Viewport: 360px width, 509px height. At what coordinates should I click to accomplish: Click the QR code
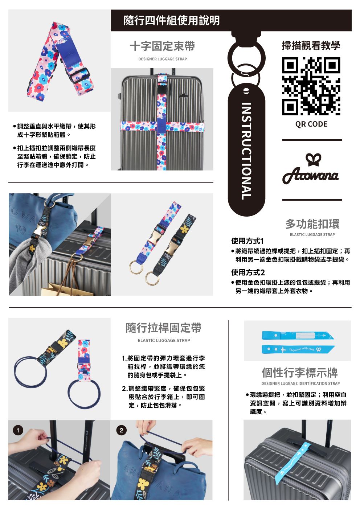pyautogui.click(x=311, y=86)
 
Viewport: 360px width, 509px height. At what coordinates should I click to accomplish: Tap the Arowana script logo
pyautogui.click(x=311, y=175)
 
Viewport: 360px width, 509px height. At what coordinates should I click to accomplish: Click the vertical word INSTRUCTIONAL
pyautogui.click(x=246, y=151)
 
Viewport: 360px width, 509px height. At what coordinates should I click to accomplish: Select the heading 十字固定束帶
pyautogui.click(x=163, y=46)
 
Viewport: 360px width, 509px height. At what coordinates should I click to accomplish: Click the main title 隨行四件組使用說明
pyautogui.click(x=172, y=20)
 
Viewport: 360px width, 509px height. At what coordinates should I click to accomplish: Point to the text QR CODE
pyautogui.click(x=311, y=124)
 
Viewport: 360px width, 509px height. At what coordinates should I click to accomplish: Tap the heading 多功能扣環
pyautogui.click(x=312, y=224)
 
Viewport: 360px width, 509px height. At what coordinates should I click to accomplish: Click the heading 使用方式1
pyautogui.click(x=247, y=241)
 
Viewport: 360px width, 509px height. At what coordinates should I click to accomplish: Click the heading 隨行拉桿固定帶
pyautogui.click(x=164, y=328)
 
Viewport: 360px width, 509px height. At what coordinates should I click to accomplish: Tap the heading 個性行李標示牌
pyautogui.click(x=300, y=373)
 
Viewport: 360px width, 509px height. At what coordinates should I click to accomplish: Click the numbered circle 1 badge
pyautogui.click(x=18, y=430)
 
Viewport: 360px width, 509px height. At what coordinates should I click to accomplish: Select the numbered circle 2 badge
pyautogui.click(x=121, y=430)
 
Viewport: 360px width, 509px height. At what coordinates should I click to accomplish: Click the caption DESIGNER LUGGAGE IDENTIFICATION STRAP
pyautogui.click(x=300, y=383)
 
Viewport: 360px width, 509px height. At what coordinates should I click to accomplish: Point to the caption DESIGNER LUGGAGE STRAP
pyautogui.click(x=163, y=59)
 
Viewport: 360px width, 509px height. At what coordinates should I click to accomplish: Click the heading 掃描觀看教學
pyautogui.click(x=311, y=45)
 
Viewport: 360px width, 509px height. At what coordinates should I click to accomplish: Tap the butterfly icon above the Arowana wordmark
pyautogui.click(x=313, y=160)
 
